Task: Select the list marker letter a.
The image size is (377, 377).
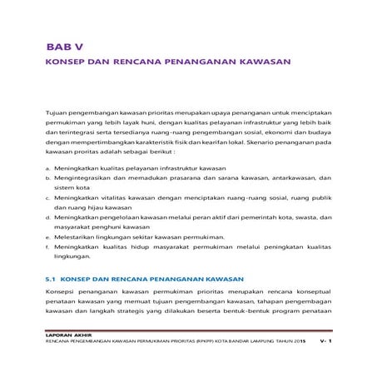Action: pos(47,168)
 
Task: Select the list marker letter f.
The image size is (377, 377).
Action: pos(47,249)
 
